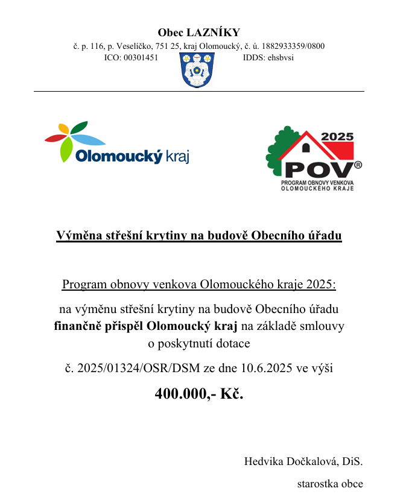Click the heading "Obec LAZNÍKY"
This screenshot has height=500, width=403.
[x=198, y=33]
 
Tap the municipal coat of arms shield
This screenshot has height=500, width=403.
[x=197, y=69]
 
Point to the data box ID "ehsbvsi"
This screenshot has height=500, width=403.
[x=281, y=58]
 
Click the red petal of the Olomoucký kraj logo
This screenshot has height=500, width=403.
[x=55, y=138]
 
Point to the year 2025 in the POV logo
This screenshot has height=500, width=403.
[x=337, y=137]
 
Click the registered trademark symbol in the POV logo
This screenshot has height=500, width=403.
[x=358, y=164]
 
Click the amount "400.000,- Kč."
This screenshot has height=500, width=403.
[x=199, y=393]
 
